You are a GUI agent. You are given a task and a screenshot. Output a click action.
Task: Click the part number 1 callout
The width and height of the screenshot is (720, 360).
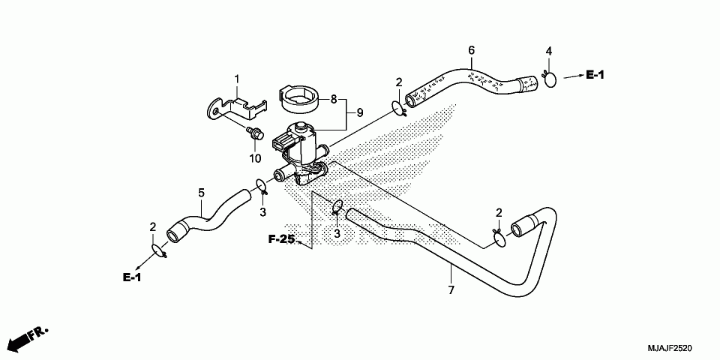(x=237, y=79)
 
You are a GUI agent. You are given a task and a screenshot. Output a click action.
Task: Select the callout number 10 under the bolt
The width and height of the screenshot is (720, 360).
(x=255, y=158)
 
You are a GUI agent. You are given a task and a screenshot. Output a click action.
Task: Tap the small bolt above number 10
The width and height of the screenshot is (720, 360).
(x=255, y=133)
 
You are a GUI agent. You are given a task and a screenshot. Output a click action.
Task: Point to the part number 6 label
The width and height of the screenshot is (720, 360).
(x=471, y=49)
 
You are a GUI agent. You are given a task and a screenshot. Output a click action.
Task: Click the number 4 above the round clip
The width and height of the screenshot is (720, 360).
(x=549, y=51)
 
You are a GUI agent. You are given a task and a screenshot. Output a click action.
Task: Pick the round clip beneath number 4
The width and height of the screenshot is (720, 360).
(x=550, y=79)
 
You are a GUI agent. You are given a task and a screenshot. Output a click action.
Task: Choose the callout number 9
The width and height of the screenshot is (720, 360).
(x=359, y=112)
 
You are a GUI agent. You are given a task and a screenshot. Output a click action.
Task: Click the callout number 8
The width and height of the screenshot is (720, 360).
(x=334, y=99)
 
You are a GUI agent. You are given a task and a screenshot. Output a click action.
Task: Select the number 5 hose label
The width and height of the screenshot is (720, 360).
(x=201, y=193)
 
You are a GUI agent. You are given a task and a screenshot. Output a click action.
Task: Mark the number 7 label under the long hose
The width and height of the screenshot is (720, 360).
(x=451, y=290)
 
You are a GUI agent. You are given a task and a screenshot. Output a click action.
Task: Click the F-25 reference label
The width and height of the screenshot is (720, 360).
(x=281, y=239)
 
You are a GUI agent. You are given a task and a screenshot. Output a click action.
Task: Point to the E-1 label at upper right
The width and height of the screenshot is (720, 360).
(x=595, y=75)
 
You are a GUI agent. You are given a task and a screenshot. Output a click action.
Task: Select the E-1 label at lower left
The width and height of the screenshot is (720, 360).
(x=132, y=277)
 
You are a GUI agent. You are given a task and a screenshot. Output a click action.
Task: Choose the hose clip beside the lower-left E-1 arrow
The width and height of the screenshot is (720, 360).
(x=159, y=250)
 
